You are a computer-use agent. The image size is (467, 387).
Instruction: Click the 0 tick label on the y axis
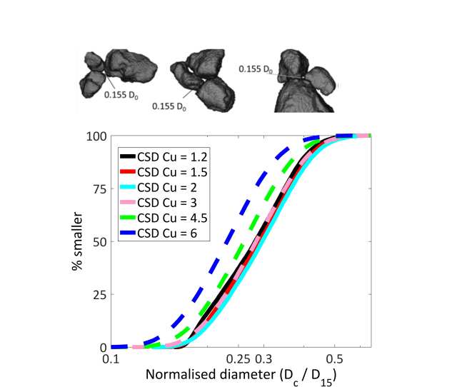tap(101, 348)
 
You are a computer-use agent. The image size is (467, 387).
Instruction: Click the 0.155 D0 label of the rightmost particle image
tap(256, 69)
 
